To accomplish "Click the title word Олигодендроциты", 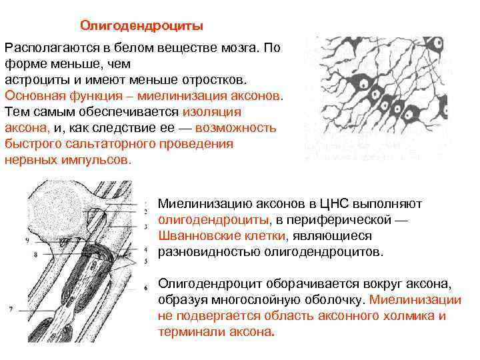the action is [142, 25].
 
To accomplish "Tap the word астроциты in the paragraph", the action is [35, 79].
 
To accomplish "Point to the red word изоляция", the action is [211, 111].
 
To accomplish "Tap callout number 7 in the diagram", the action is [11, 309].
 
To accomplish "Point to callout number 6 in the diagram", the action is [145, 288].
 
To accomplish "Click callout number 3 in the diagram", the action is [145, 228].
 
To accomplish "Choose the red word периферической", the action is [347, 219].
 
